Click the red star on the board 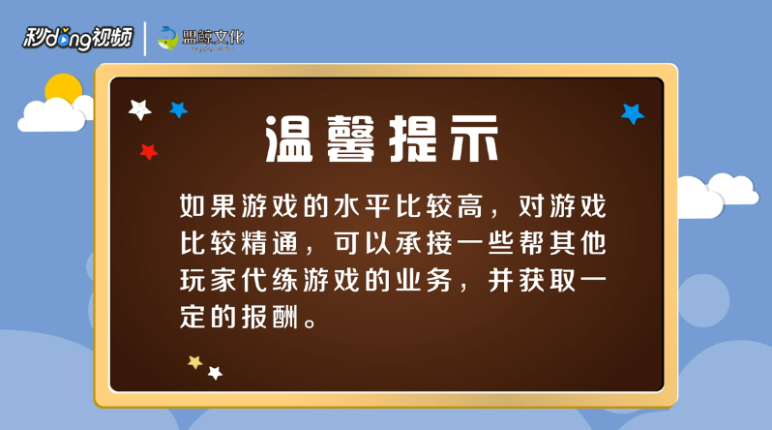pos(149,152)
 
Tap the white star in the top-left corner pos(140,109)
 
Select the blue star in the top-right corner pos(633,114)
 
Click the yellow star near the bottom pos(195,362)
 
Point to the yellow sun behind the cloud pos(64,88)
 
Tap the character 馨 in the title pos(351,139)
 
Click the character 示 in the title pos(475,139)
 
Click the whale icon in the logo pos(168,38)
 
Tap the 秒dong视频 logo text pos(77,38)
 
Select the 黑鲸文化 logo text pos(213,37)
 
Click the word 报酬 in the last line pos(270,317)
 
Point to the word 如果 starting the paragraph pos(208,206)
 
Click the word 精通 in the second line pos(270,243)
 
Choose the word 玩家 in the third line pos(208,280)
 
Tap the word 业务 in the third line pos(424,280)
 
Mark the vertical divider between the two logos pos(145,39)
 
